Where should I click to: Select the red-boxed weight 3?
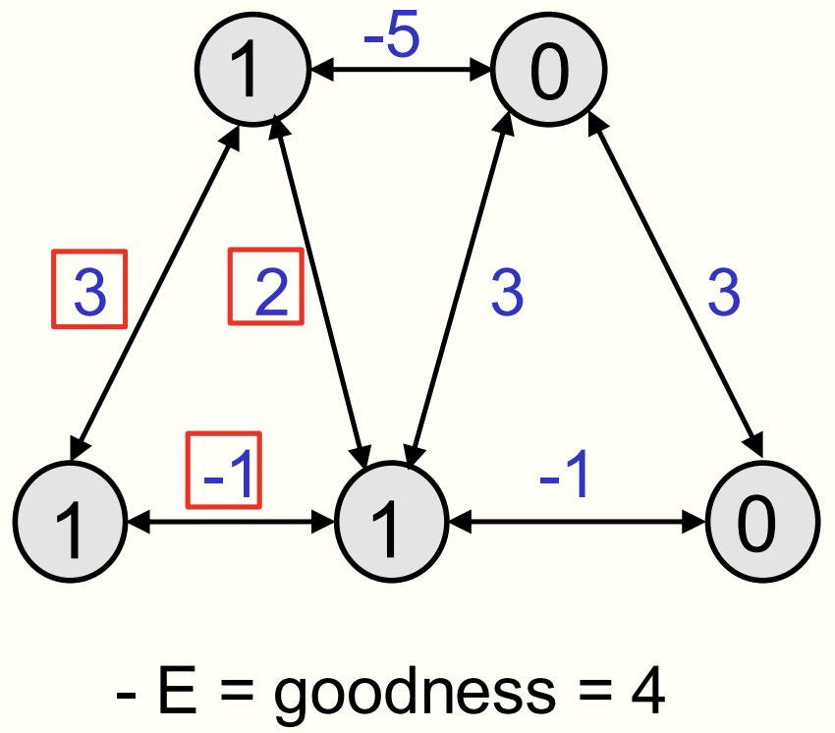coord(89,291)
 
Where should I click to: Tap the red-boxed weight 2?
coord(266,291)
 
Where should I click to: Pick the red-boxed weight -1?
coord(225,471)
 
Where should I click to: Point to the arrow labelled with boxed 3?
coord(155,295)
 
